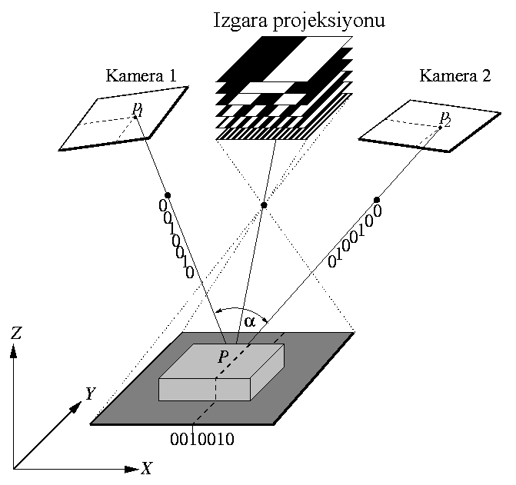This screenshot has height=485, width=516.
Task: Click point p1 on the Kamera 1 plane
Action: click(x=135, y=117)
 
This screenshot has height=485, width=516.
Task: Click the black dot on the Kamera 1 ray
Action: click(x=168, y=195)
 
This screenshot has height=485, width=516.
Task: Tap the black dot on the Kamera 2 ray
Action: click(x=377, y=200)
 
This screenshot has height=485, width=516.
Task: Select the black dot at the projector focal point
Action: click(x=264, y=204)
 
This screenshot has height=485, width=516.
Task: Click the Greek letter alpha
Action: click(x=249, y=321)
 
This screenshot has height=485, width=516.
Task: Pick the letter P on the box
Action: click(x=223, y=357)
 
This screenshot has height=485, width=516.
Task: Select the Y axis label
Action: click(x=90, y=394)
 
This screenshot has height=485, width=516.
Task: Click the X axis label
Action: click(x=145, y=468)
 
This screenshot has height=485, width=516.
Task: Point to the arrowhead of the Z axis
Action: click(x=14, y=350)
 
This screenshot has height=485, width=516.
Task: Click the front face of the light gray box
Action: click(x=204, y=389)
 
